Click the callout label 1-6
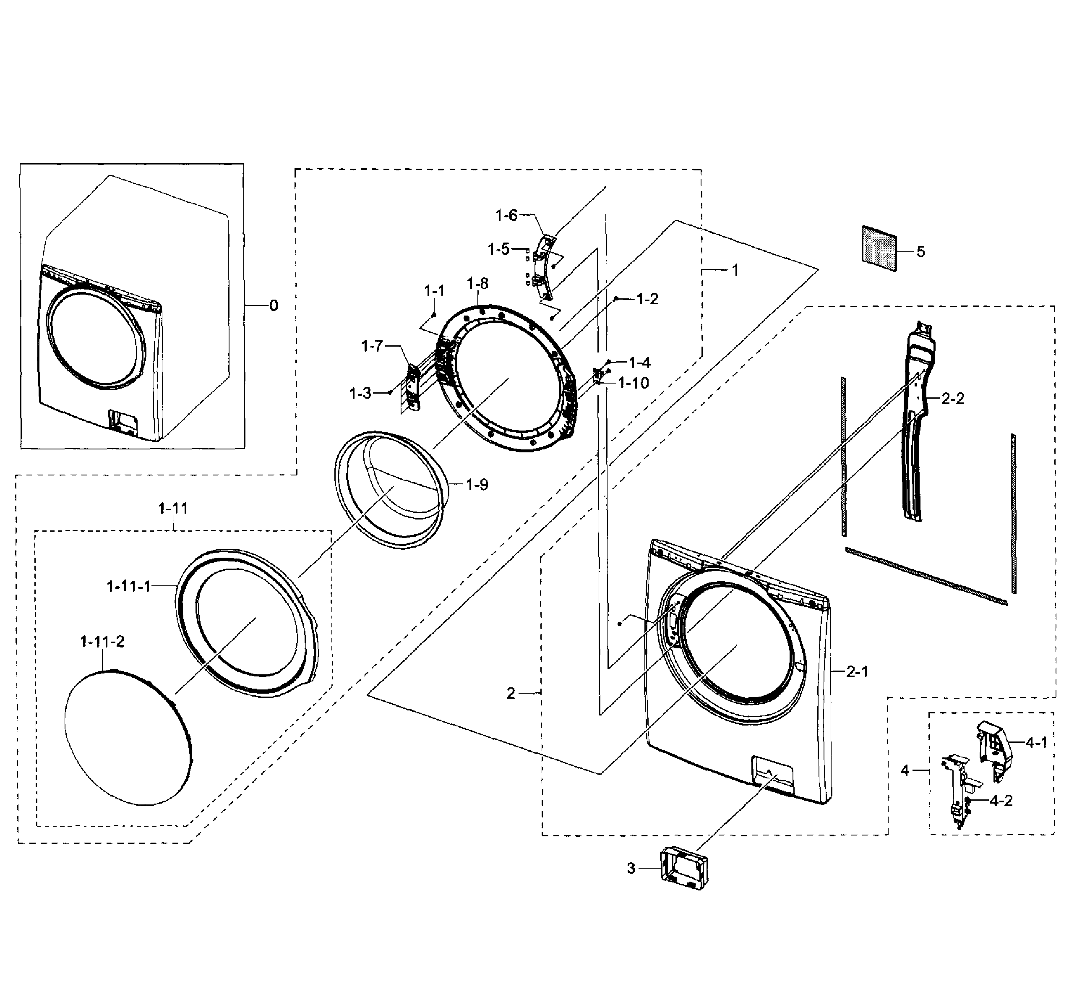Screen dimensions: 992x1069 [x=506, y=215]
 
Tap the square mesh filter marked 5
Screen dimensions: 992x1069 [x=879, y=248]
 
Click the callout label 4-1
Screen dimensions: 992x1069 [x=1036, y=742]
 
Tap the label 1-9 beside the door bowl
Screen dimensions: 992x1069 [x=477, y=485]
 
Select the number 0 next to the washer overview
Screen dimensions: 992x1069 [x=274, y=305]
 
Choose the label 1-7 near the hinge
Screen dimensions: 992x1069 [x=372, y=346]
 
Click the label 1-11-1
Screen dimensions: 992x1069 [x=129, y=587]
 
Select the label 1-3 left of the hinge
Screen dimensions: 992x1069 [x=360, y=394]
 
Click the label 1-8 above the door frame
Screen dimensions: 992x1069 [x=477, y=283]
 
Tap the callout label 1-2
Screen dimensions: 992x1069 [x=647, y=299]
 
